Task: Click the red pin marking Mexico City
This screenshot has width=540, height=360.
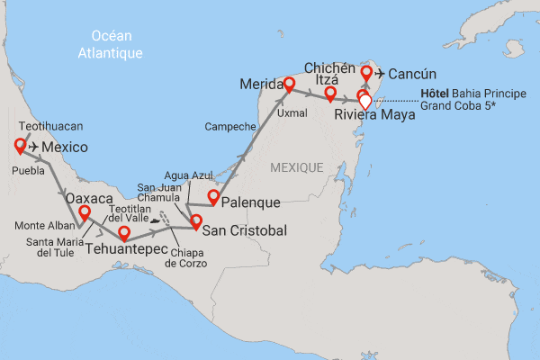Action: pyautogui.click(x=20, y=146)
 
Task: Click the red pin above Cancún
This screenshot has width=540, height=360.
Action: pyautogui.click(x=366, y=72)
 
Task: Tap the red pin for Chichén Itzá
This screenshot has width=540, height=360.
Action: pyautogui.click(x=331, y=94)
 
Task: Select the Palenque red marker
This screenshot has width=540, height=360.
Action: pyautogui.click(x=213, y=197)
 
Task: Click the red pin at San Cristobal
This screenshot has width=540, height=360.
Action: pyautogui.click(x=195, y=220)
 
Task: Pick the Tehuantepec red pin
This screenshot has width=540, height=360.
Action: pyautogui.click(x=124, y=233)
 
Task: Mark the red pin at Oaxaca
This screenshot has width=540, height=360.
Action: pyautogui.click(x=85, y=213)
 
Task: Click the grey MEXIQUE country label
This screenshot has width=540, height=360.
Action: pyautogui.click(x=297, y=168)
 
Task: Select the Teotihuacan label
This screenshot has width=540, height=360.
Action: pyautogui.click(x=43, y=128)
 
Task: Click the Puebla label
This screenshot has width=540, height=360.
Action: pyautogui.click(x=28, y=168)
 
